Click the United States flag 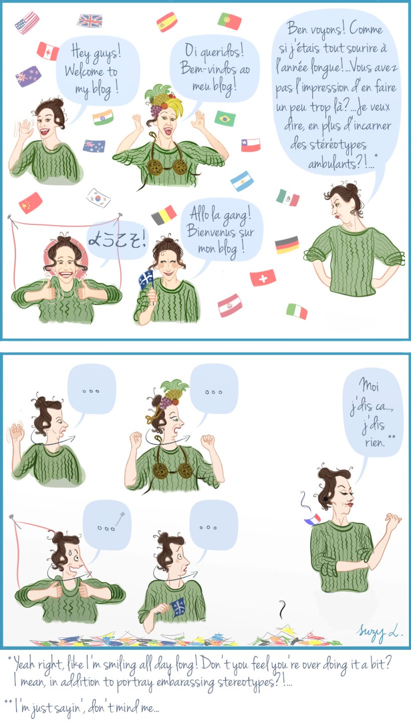click(x=27, y=23)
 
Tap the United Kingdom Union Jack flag click(x=90, y=21)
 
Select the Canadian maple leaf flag click(x=48, y=51)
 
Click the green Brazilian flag click(x=225, y=118)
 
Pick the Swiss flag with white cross click(x=263, y=278)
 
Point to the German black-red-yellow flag click(x=287, y=245)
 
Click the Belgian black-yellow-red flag click(x=164, y=215)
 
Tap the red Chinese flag click(x=31, y=203)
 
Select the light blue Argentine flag click(x=242, y=181)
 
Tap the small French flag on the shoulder click(x=312, y=520)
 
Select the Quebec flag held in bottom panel click(x=178, y=607)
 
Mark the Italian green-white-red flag click(x=297, y=311)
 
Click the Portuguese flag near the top click(x=230, y=21)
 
